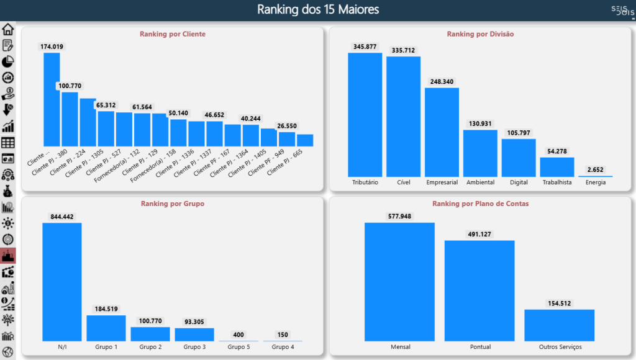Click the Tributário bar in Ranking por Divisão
click(365, 115)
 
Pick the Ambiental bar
click(480, 153)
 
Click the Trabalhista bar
click(556, 167)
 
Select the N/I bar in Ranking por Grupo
click(61, 282)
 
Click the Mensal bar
click(399, 282)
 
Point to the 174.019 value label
click(52, 47)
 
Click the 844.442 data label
click(61, 217)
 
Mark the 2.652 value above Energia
click(595, 169)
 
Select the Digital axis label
click(519, 182)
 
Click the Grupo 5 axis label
click(238, 347)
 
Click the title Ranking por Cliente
click(173, 34)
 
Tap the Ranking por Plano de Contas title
click(480, 204)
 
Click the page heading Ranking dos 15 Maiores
click(318, 10)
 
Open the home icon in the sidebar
click(8, 29)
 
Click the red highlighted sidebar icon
click(8, 256)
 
